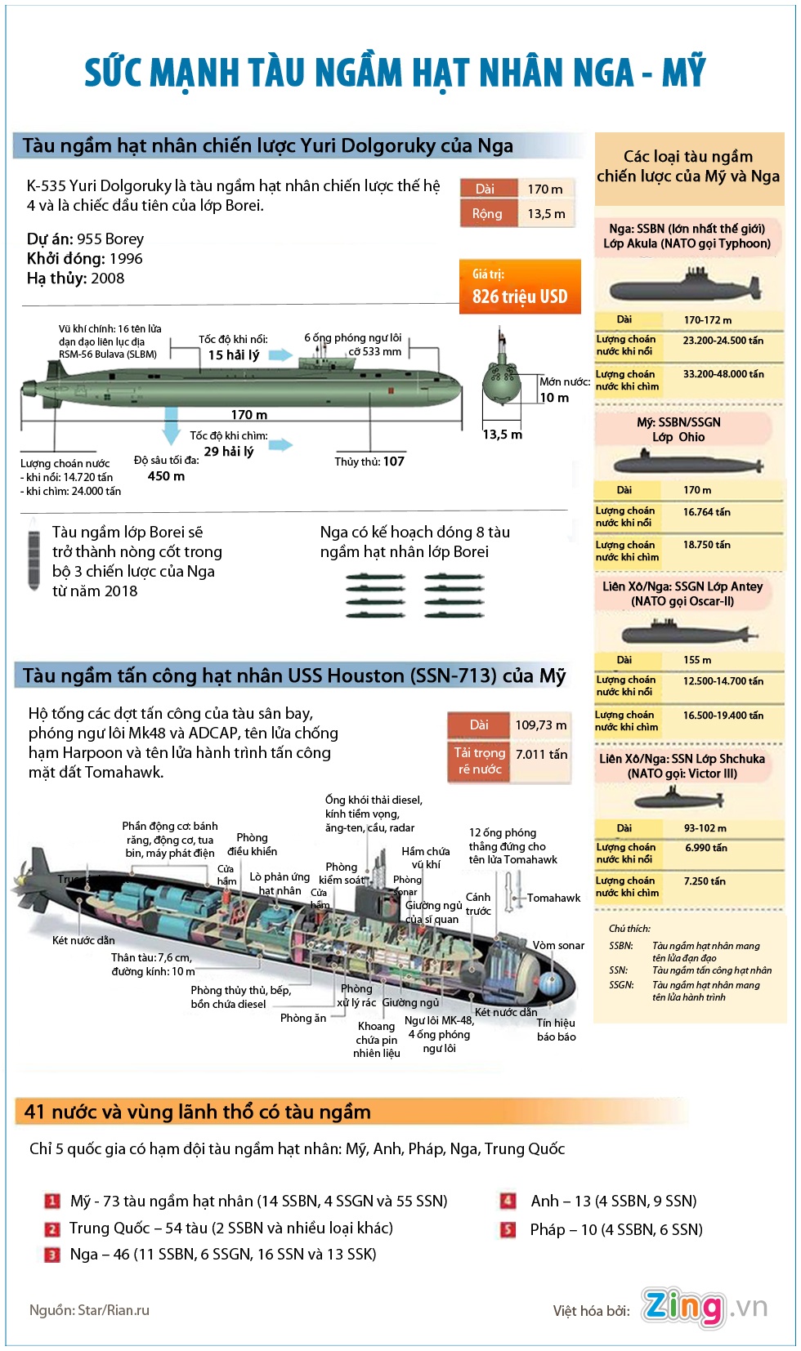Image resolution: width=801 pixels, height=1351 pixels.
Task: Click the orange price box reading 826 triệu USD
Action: (x=520, y=287)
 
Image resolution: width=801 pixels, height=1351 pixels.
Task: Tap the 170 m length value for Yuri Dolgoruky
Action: (x=544, y=189)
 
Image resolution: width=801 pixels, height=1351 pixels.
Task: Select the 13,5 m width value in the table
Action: (x=546, y=213)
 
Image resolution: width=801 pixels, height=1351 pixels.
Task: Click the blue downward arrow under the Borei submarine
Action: (x=171, y=424)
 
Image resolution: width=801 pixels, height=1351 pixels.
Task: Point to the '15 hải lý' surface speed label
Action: (x=233, y=354)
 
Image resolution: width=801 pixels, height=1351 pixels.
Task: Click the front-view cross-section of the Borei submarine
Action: (x=501, y=378)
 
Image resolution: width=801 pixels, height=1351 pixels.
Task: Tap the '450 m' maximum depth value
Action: (x=166, y=476)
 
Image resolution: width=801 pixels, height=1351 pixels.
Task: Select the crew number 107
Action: (x=394, y=461)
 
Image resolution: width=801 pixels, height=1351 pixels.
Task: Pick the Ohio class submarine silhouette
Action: (x=689, y=465)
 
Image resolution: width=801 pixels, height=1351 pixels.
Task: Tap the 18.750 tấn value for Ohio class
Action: (x=707, y=545)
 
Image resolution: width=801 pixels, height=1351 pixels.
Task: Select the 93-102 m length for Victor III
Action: (x=705, y=827)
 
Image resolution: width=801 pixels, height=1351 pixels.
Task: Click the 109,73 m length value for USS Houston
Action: (x=540, y=725)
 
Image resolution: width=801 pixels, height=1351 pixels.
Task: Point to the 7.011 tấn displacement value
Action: (x=541, y=754)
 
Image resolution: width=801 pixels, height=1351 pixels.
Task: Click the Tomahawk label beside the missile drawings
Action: (x=553, y=898)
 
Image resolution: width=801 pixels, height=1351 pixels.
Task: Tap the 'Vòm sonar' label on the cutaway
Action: (x=558, y=945)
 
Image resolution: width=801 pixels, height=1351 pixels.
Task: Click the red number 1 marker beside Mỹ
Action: (x=51, y=1201)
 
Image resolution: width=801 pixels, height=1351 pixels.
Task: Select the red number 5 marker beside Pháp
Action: (x=508, y=1229)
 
